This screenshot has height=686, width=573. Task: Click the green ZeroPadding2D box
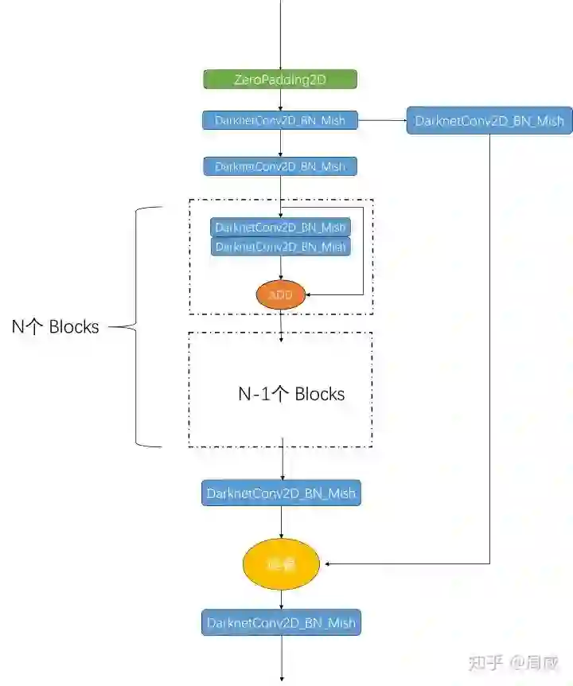point(280,80)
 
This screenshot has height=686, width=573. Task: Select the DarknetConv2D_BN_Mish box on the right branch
point(489,121)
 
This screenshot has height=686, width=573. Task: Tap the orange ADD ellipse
point(281,294)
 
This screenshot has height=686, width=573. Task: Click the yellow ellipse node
point(281,564)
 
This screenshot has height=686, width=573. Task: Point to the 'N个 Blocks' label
point(55,326)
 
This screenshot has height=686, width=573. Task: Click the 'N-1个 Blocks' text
point(291,394)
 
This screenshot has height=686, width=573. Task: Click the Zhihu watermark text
point(513,662)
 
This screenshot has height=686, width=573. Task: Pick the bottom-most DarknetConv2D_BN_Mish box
point(281,622)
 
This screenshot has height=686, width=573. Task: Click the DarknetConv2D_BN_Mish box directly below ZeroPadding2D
point(280,121)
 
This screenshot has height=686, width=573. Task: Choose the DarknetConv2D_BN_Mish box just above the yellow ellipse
point(281,493)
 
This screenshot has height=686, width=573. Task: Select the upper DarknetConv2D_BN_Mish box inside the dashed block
point(281,227)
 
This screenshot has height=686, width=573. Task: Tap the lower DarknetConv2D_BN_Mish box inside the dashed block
point(281,247)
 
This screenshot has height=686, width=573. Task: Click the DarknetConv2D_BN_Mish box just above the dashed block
point(280,166)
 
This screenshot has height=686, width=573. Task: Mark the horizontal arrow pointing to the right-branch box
point(382,121)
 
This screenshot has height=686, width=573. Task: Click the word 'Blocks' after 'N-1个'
point(319,394)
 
